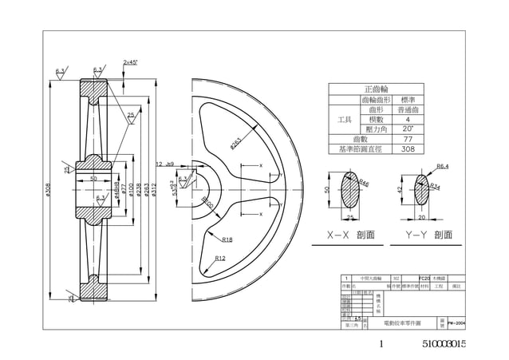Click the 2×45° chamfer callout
pyautogui.click(x=129, y=61)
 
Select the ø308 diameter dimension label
pyautogui.click(x=49, y=192)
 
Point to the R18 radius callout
pyautogui.click(x=227, y=239)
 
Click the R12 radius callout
pyautogui.click(x=220, y=258)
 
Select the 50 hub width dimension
pyautogui.click(x=93, y=179)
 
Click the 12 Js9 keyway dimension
pyautogui.click(x=165, y=164)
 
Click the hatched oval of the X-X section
pyautogui.click(x=352, y=190)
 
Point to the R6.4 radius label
pyautogui.click(x=443, y=166)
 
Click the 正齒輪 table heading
pyautogui.click(x=377, y=89)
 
